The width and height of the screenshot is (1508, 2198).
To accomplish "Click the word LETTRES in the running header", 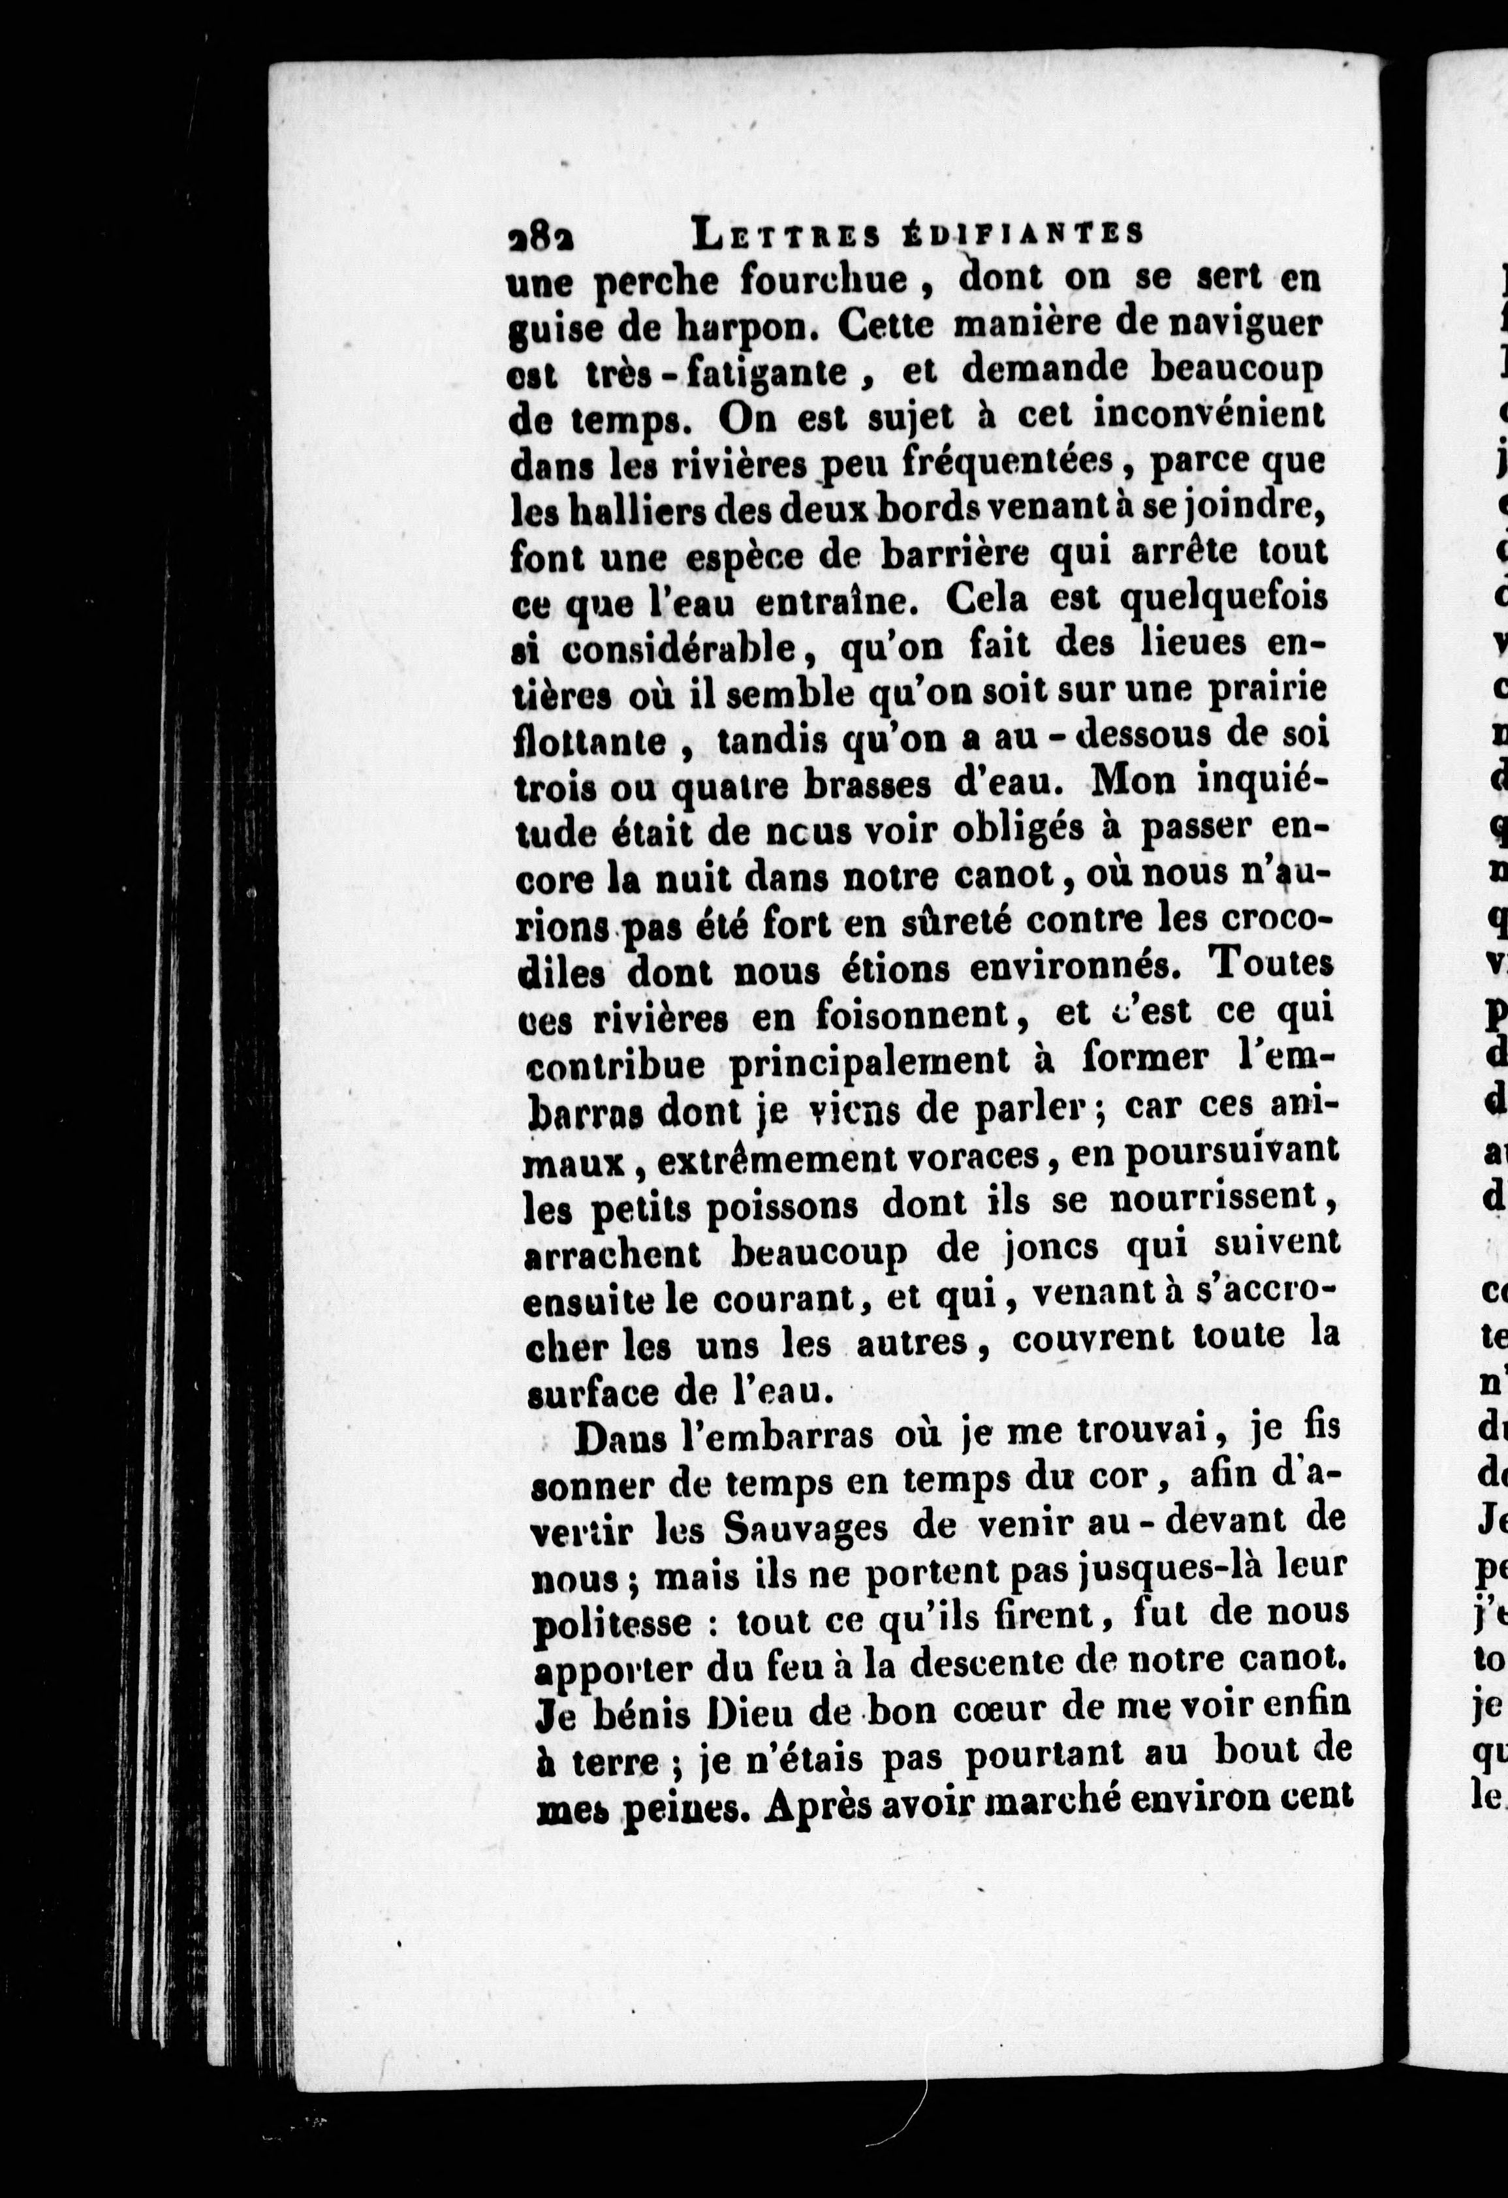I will click(785, 234).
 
